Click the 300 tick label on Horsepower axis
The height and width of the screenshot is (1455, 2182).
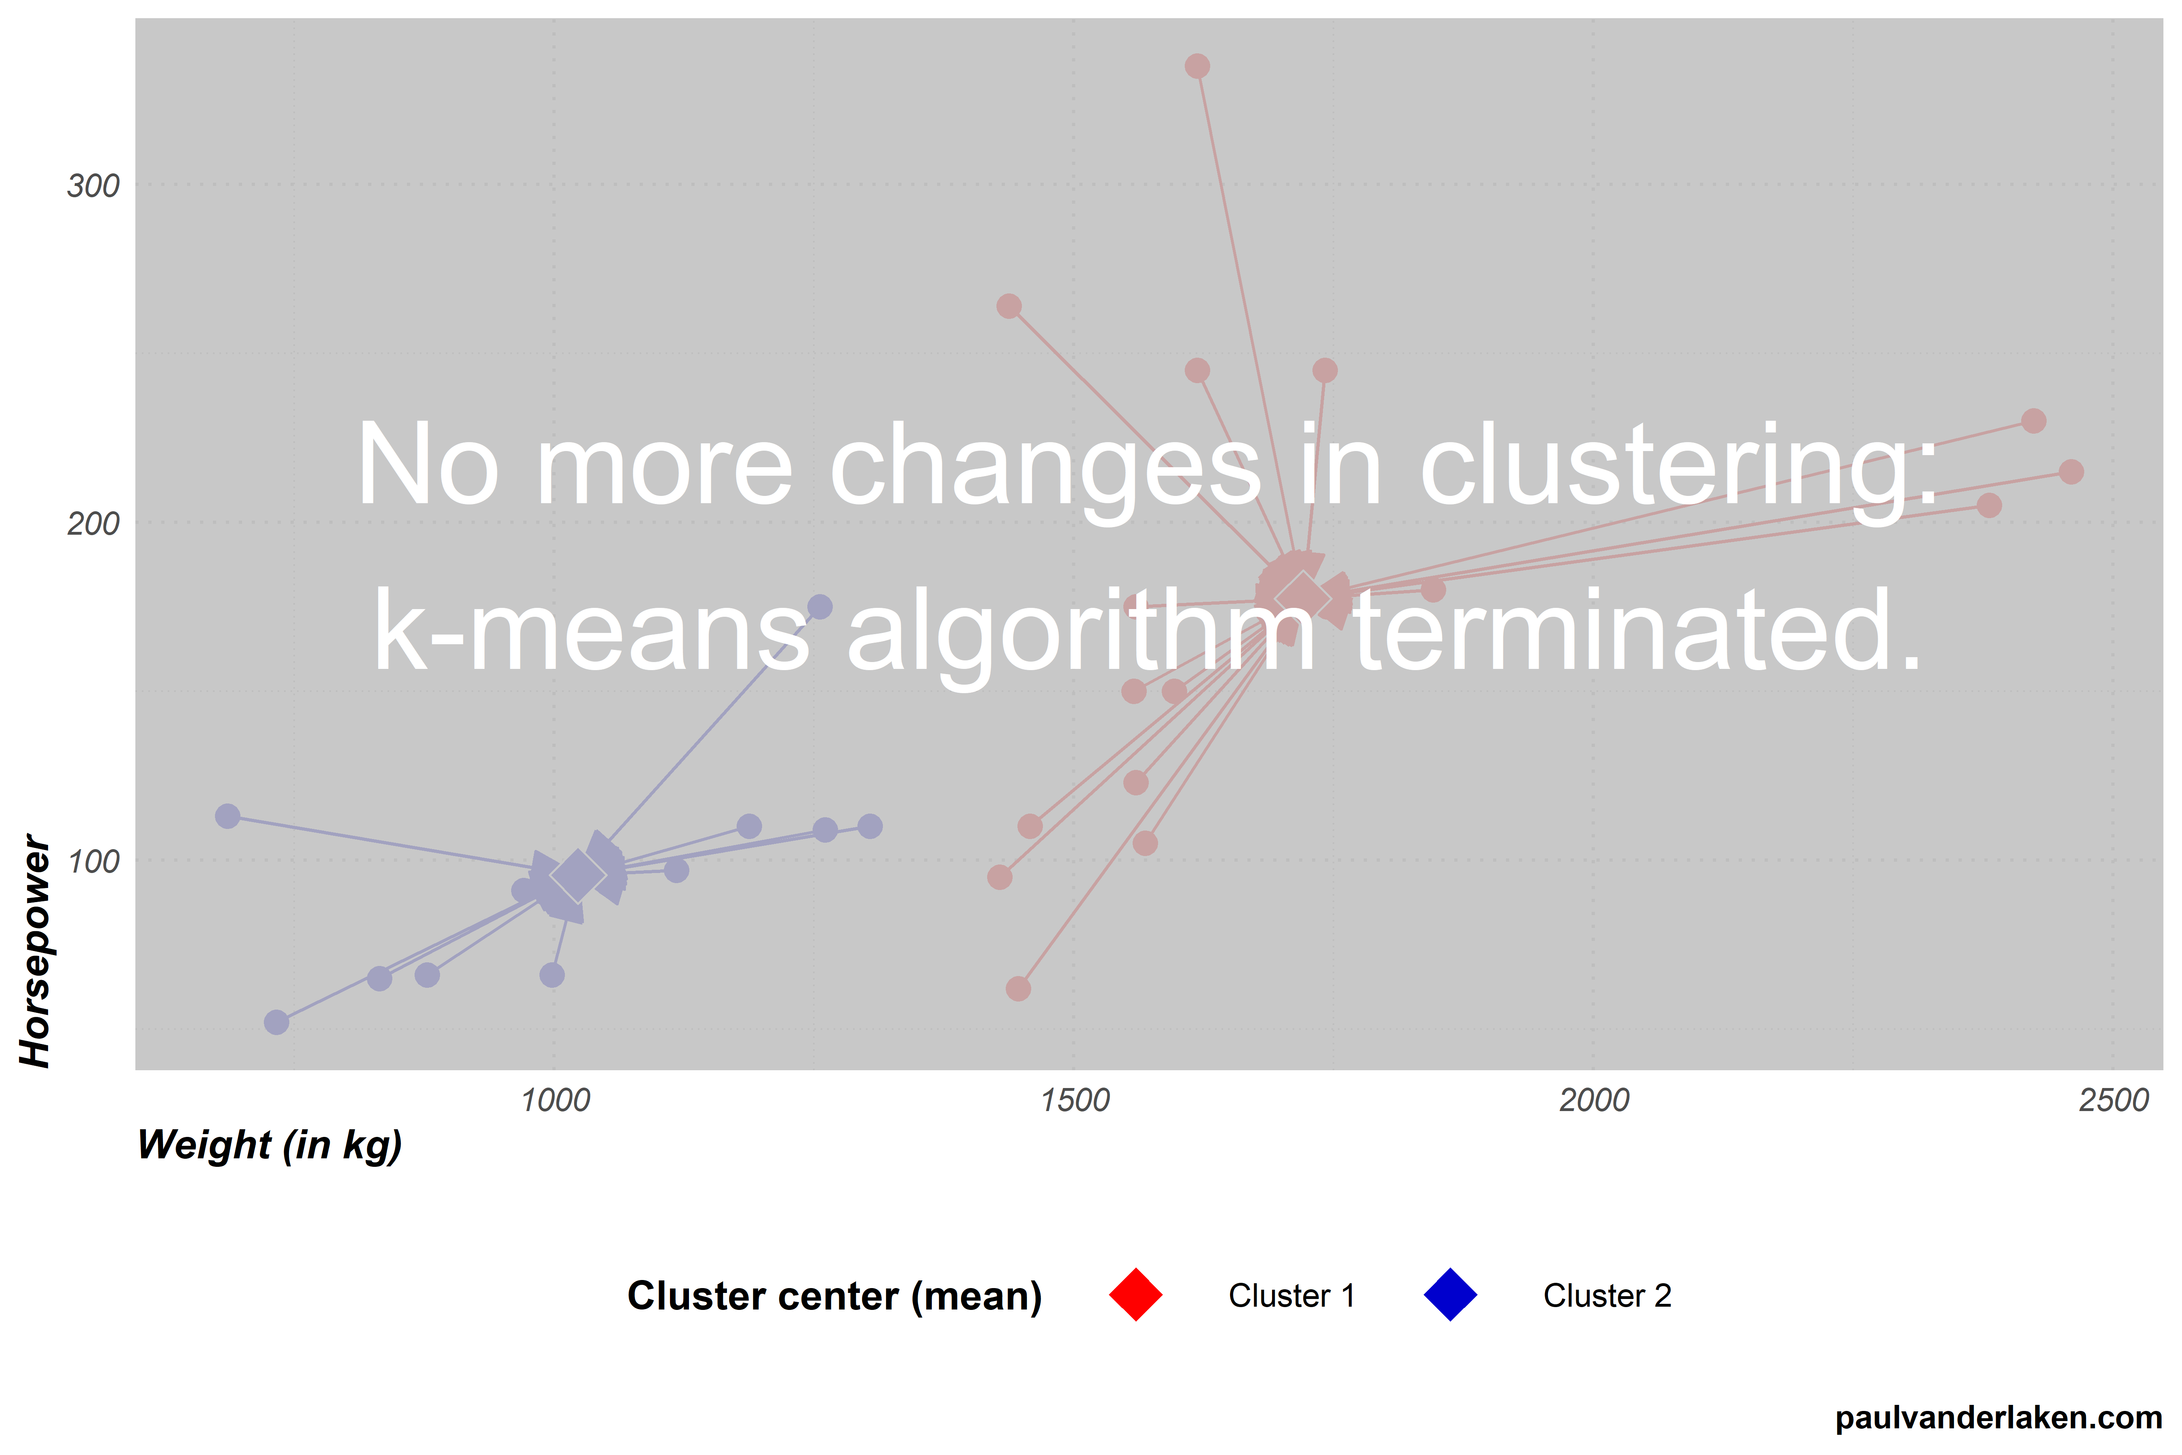93,186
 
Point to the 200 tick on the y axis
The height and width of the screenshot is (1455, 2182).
93,523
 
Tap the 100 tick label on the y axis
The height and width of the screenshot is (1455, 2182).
93,861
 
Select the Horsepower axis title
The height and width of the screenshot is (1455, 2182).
35,951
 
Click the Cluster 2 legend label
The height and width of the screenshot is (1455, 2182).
1607,1295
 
